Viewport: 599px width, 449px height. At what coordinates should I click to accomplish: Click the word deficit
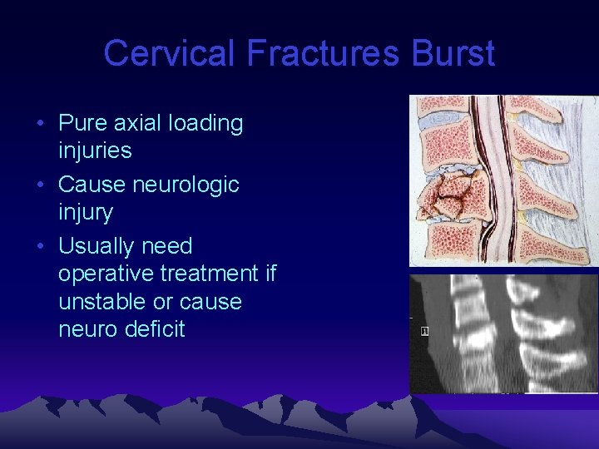[155, 329]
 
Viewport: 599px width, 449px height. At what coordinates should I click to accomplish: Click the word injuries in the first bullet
[95, 150]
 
